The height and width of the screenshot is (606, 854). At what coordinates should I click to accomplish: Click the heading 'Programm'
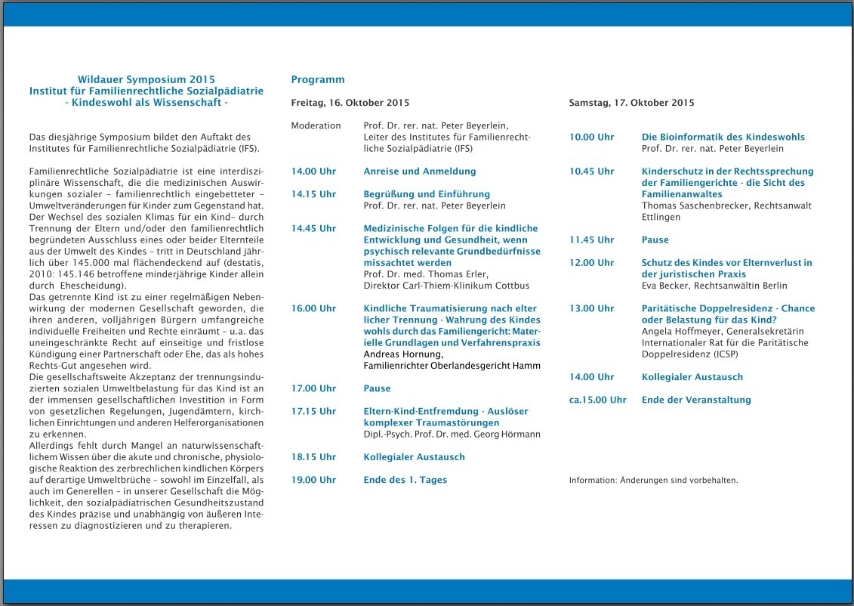[x=318, y=79]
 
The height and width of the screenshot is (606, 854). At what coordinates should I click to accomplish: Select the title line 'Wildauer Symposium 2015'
[x=146, y=79]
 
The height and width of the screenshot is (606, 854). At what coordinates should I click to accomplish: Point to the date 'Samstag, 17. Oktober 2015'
[x=631, y=103]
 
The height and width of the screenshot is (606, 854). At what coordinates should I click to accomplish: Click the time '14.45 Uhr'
[x=313, y=228]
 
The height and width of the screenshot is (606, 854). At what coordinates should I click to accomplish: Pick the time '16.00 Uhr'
[x=313, y=308]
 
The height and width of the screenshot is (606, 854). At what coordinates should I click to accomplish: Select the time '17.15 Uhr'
[x=313, y=411]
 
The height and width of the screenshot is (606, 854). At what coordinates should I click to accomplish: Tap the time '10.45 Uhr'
[x=591, y=172]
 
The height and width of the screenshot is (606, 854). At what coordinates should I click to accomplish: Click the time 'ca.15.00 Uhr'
[x=597, y=400]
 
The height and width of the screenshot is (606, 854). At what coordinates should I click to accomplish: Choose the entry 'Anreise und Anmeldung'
[x=420, y=172]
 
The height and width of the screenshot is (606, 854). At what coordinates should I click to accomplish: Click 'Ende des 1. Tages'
[x=405, y=480]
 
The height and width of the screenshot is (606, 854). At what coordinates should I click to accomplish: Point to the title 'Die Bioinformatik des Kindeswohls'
[x=723, y=137]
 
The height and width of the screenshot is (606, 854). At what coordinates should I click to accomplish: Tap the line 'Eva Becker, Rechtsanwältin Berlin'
[x=714, y=286]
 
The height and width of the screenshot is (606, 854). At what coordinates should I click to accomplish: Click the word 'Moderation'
[x=316, y=125]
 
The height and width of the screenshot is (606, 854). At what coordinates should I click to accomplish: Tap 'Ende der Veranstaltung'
[x=696, y=400]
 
